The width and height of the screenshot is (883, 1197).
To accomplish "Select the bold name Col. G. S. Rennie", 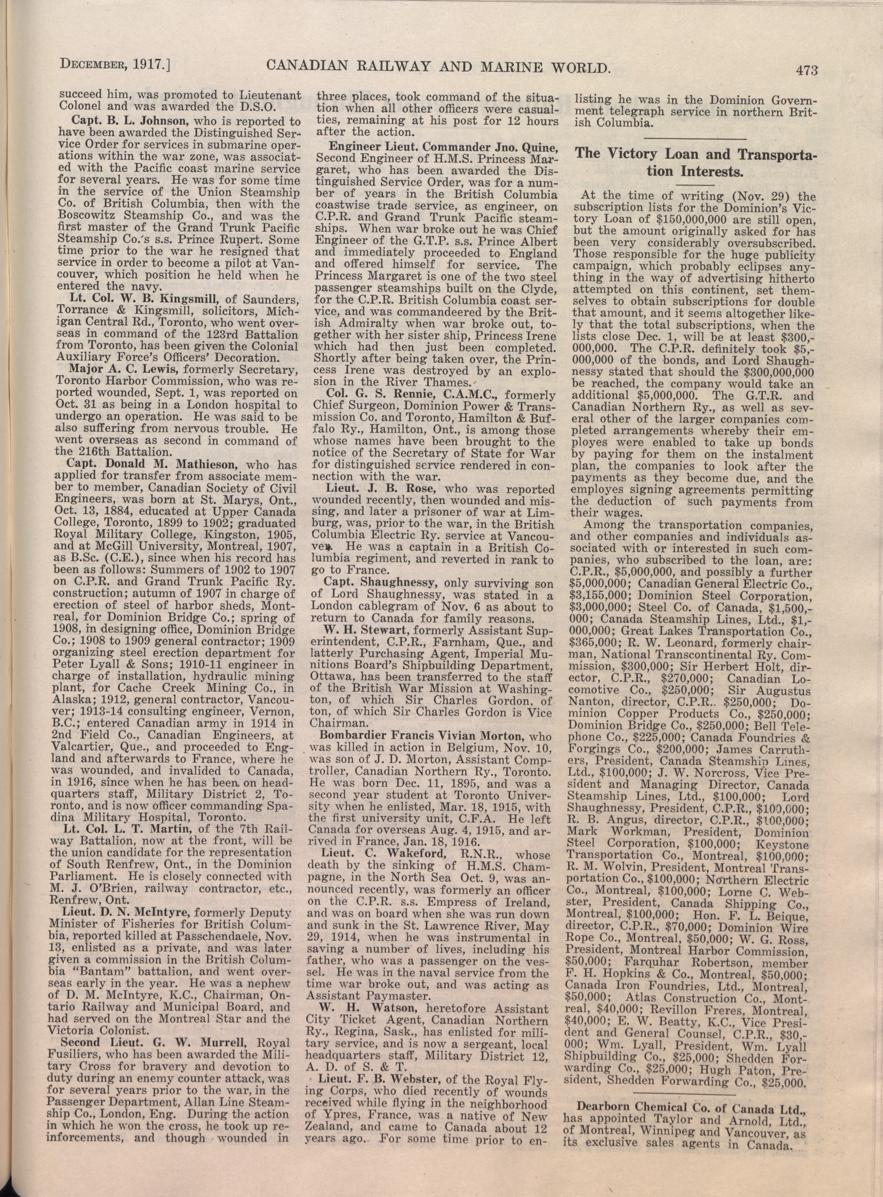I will [390, 395].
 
